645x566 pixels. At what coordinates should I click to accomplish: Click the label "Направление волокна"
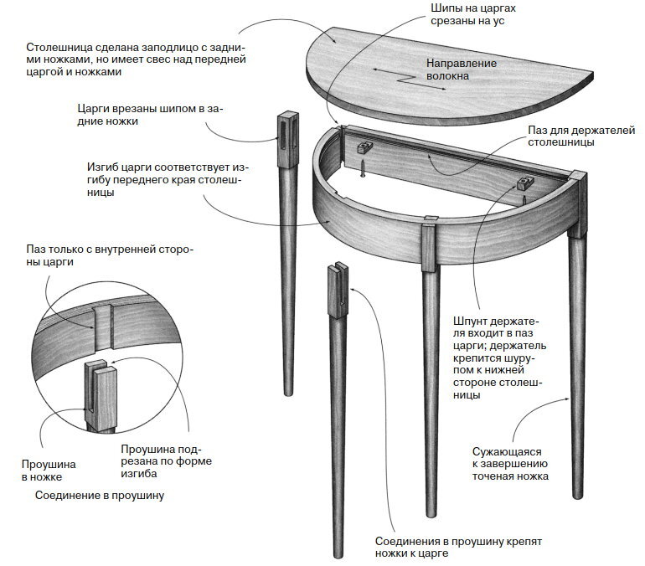click(462, 69)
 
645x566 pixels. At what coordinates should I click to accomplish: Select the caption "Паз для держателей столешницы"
click(560, 136)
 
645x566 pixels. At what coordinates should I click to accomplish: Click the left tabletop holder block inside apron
click(364, 147)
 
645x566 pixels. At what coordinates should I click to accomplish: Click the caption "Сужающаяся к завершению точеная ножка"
click(509, 463)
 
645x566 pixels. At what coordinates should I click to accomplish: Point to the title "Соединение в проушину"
click(100, 495)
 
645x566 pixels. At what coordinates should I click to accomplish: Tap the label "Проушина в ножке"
click(48, 470)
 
